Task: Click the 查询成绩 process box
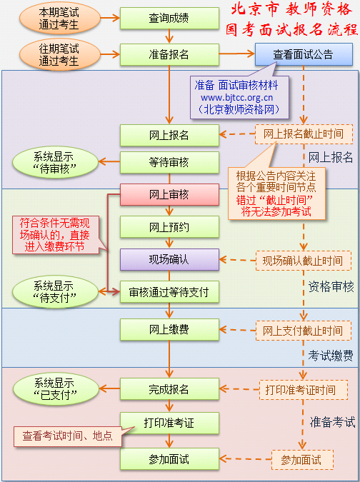169,18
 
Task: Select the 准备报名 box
169,54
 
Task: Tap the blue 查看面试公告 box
303,54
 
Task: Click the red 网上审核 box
169,194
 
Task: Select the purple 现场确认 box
169,259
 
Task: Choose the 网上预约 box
169,227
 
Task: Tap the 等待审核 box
169,162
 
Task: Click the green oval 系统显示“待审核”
54,162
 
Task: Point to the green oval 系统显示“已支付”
54,388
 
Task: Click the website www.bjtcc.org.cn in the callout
236,97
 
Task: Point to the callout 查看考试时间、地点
66,436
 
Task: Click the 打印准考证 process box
169,423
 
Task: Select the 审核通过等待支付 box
169,291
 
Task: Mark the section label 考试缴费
331,355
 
